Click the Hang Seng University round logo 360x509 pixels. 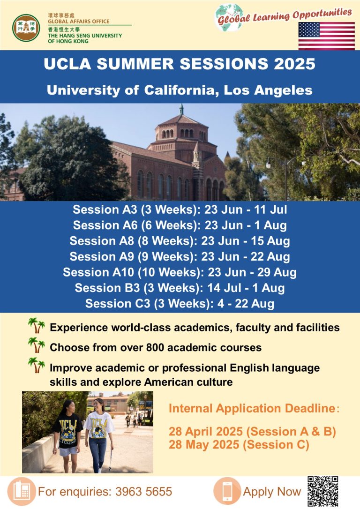26,28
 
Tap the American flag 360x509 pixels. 326,36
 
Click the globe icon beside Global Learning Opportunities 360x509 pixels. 229,17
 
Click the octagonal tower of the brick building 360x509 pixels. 181,133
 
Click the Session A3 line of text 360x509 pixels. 180,210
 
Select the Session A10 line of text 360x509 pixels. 180,272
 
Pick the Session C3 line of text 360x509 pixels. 180,304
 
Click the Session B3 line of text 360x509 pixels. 180,288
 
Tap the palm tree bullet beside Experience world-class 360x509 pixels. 37,326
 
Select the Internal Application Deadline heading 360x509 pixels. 254,408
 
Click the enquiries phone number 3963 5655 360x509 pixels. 143,492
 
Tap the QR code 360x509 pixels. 322,491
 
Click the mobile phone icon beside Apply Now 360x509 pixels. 227,491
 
